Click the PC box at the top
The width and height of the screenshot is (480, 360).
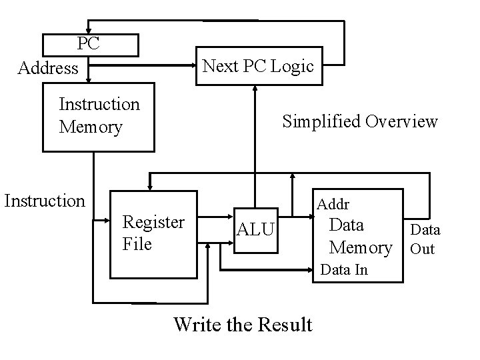click(x=90, y=45)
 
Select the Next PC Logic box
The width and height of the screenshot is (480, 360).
click(x=258, y=66)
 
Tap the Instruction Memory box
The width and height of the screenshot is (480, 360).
click(x=98, y=117)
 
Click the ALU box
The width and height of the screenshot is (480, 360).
click(x=255, y=230)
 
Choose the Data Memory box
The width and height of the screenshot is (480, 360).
click(x=360, y=235)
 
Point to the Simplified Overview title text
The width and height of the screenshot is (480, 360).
click(x=359, y=121)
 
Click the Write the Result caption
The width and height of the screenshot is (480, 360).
click(x=243, y=325)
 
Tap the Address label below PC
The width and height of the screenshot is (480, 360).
click(x=48, y=68)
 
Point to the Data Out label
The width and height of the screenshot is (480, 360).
click(x=424, y=239)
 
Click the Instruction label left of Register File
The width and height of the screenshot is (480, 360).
click(x=45, y=201)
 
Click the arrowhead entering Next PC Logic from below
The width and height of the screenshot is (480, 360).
click(x=255, y=91)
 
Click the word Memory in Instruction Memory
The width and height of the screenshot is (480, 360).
click(x=91, y=127)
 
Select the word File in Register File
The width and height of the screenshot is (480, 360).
click(x=137, y=244)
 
